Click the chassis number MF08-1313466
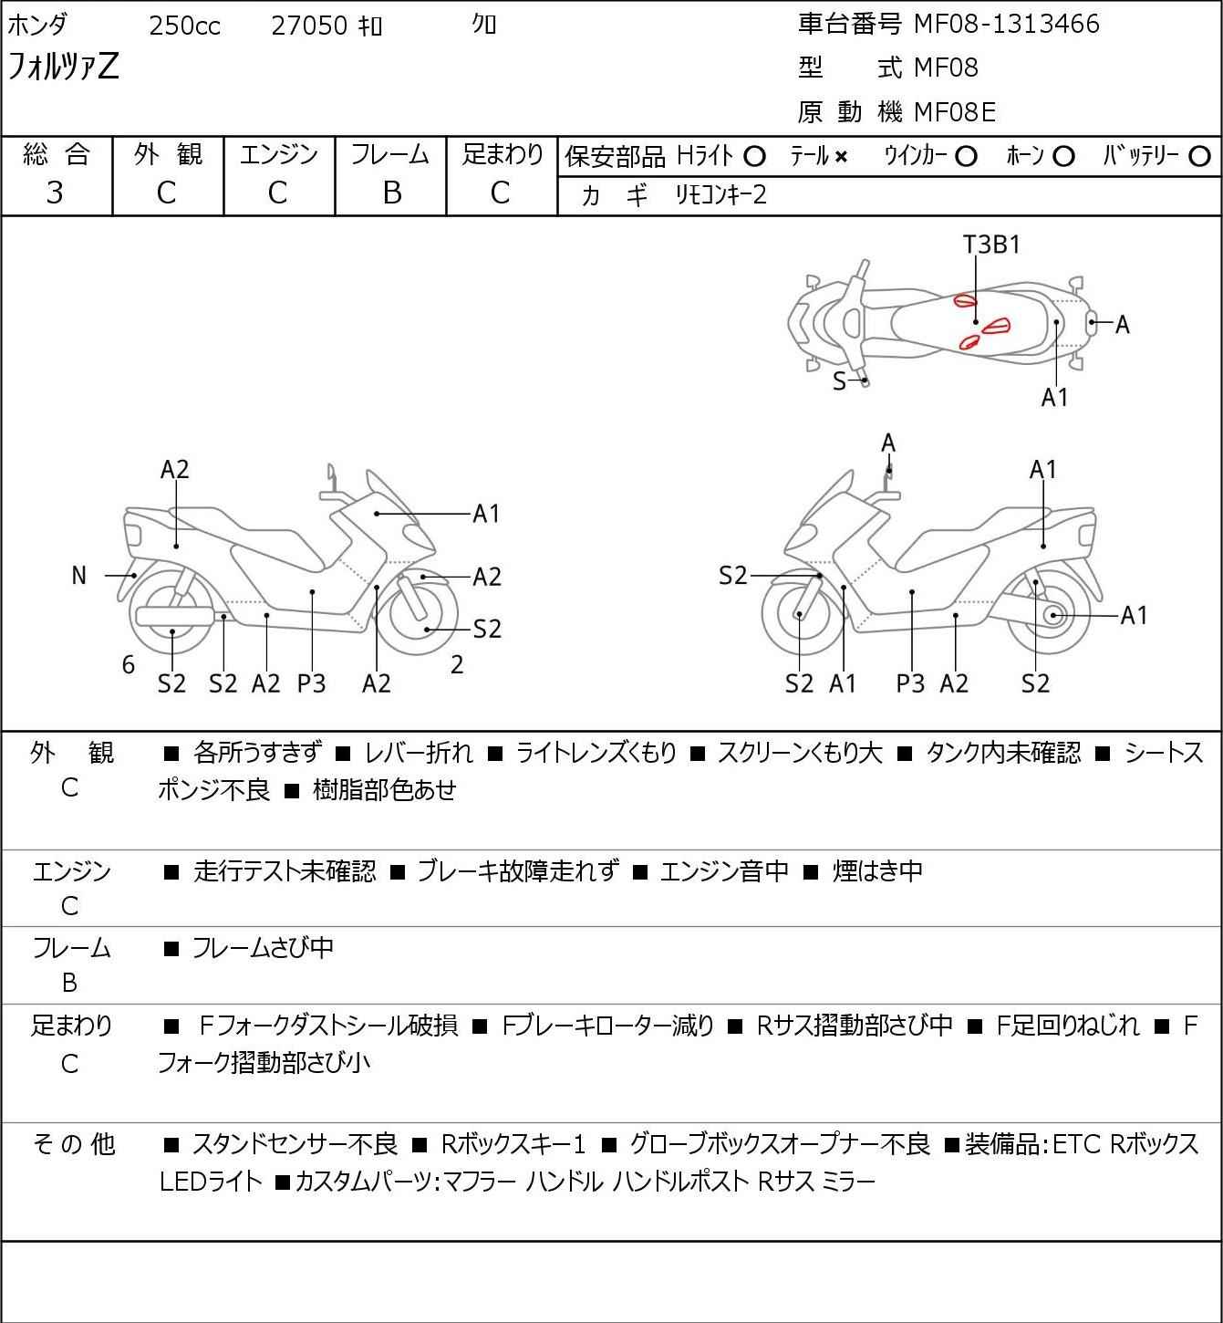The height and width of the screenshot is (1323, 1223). point(1006,25)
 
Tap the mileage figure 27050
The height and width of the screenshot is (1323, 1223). point(308,26)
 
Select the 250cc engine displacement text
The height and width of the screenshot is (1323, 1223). point(184,26)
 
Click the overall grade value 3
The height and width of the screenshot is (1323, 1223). point(55,193)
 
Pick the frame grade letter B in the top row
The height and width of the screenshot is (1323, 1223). point(391,193)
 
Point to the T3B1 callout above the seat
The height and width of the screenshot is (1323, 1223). point(991,245)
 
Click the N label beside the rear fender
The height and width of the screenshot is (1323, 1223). point(79,576)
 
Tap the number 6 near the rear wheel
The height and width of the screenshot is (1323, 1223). point(129,665)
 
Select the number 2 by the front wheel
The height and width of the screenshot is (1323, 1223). point(457,665)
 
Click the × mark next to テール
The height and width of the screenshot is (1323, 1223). point(840,157)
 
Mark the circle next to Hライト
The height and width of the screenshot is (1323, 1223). point(754,157)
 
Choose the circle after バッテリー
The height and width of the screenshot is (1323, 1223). point(1200,157)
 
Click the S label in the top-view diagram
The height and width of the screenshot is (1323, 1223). point(839,381)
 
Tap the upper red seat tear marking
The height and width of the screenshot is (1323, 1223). point(965,300)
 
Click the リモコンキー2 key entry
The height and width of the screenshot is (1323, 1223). point(720,195)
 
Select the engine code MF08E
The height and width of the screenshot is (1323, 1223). point(954,112)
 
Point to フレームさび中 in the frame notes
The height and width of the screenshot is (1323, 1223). point(263,949)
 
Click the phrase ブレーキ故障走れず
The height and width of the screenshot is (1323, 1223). point(517,871)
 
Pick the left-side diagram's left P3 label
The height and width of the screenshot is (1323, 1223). point(311,683)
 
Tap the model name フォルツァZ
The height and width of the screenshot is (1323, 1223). point(63,68)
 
